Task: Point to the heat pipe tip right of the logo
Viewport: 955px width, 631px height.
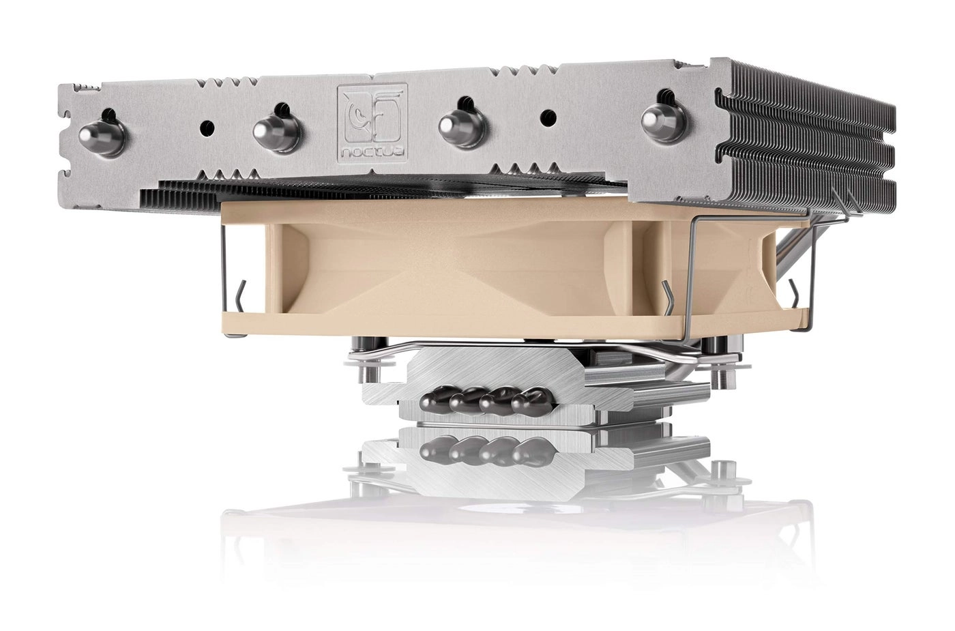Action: tap(471, 125)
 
